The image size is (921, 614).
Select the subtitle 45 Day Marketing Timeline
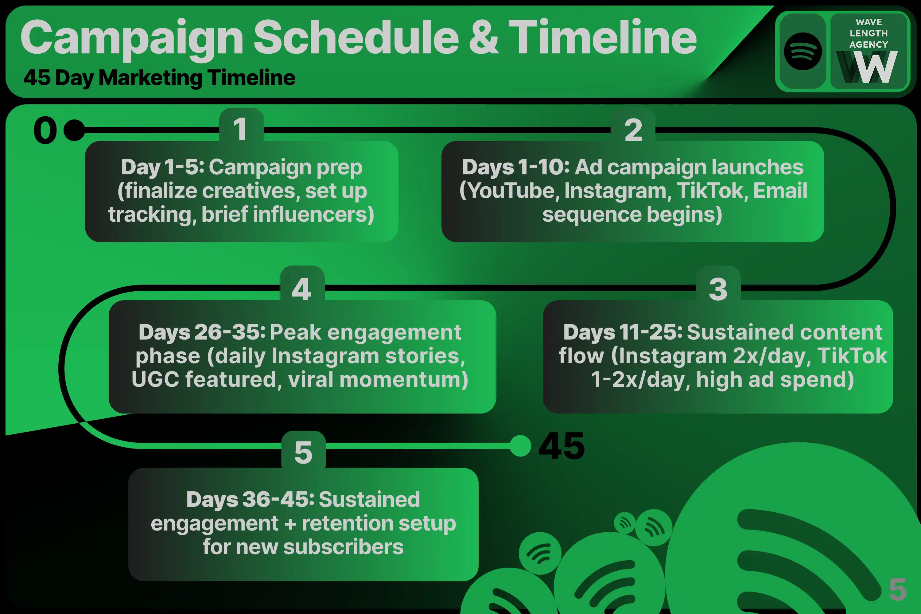tap(159, 78)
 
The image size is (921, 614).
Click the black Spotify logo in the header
tap(803, 51)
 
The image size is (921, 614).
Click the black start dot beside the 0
tap(74, 130)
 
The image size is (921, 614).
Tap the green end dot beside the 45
tap(520, 446)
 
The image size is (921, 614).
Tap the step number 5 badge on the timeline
tap(304, 450)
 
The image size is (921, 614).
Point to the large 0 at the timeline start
tap(45, 130)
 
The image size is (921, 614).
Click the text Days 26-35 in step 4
tap(202, 332)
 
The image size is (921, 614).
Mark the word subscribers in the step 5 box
tap(344, 547)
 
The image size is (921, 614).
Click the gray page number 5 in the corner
tap(897, 589)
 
